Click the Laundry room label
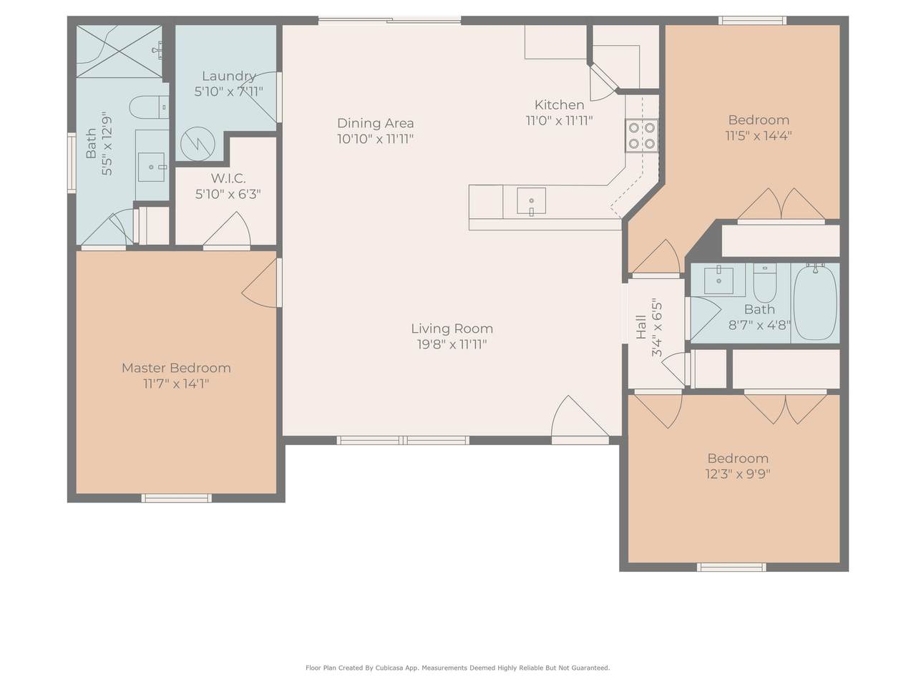[228, 76]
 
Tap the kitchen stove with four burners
[641, 135]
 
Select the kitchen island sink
[531, 200]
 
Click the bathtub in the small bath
[814, 303]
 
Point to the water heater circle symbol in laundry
[198, 144]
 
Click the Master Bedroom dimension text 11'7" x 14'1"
[176, 384]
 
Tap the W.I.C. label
[228, 178]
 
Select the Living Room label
[452, 328]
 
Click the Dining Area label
[375, 123]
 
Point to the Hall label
[641, 326]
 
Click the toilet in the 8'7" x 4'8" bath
[764, 283]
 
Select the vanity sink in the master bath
[151, 167]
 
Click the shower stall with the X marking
[120, 52]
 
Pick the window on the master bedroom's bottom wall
[177, 498]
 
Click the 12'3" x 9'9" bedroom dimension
[738, 474]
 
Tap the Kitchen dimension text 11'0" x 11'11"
[559, 120]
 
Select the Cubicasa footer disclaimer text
[458, 668]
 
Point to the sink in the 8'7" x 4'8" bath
[718, 281]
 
